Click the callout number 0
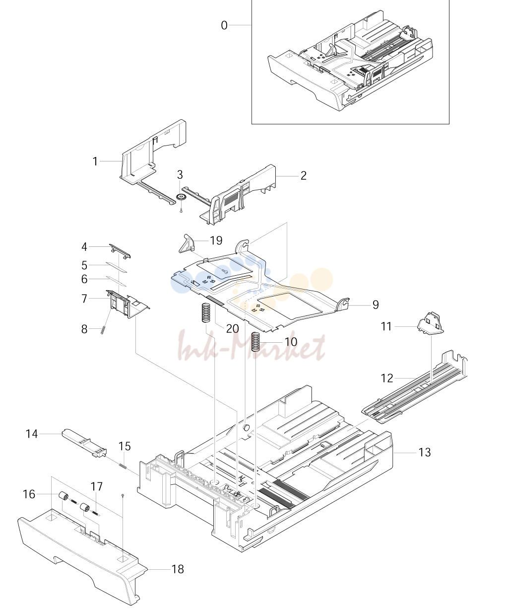(x=224, y=25)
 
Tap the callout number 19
(x=216, y=240)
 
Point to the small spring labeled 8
(x=103, y=330)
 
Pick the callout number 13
(x=424, y=452)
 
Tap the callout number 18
(x=178, y=569)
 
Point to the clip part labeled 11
(x=431, y=323)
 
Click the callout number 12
(x=387, y=378)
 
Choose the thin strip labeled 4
(x=120, y=251)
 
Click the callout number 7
(x=84, y=299)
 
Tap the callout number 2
(x=304, y=175)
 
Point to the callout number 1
(x=95, y=161)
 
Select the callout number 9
(x=376, y=305)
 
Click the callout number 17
(x=96, y=486)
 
